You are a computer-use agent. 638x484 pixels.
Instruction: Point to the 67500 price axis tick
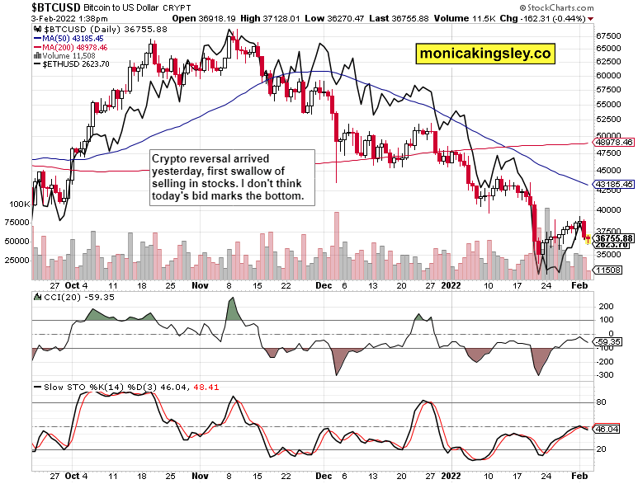pos(609,36)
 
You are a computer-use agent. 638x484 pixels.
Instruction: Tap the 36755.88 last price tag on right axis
pos(613,237)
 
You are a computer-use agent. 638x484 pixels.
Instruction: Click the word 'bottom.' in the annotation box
pos(284,196)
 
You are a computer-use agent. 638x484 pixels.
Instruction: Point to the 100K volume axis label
pos(19,203)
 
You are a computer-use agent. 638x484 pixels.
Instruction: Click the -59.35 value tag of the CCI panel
pos(610,340)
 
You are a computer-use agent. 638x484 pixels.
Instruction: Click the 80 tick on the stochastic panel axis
pos(601,402)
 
